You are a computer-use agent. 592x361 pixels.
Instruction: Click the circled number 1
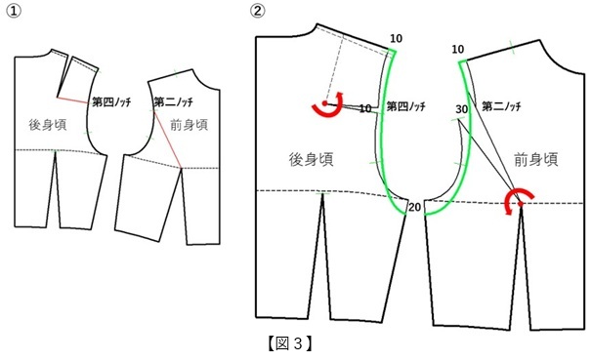(x=14, y=11)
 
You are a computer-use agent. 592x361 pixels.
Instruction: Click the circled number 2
(x=258, y=11)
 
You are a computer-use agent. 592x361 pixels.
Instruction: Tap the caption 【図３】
(x=290, y=343)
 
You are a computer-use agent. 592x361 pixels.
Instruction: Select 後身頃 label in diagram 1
(x=48, y=125)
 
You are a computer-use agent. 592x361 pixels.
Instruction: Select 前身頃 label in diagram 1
(x=190, y=125)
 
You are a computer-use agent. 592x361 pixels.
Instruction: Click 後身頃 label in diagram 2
(x=311, y=159)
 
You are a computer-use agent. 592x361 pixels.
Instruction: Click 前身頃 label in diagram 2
(x=536, y=159)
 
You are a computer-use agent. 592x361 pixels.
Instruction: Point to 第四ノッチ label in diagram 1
(x=111, y=101)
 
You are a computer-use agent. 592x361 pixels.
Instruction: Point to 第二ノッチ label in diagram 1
(x=173, y=101)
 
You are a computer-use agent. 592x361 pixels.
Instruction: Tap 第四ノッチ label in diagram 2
(x=405, y=106)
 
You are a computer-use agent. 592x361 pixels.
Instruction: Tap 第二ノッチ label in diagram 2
(x=501, y=106)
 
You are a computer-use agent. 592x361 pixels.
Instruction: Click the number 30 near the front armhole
(x=461, y=109)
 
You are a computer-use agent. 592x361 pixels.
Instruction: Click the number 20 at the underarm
(x=414, y=207)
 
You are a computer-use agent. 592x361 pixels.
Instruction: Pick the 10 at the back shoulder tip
(x=396, y=38)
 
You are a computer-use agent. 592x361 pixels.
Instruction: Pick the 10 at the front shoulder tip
(x=457, y=50)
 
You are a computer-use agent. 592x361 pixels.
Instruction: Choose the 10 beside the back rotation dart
(x=365, y=108)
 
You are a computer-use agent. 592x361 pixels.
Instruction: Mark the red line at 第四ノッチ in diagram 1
(x=74, y=100)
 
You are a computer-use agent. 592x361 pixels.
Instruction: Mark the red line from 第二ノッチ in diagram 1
(x=168, y=140)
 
